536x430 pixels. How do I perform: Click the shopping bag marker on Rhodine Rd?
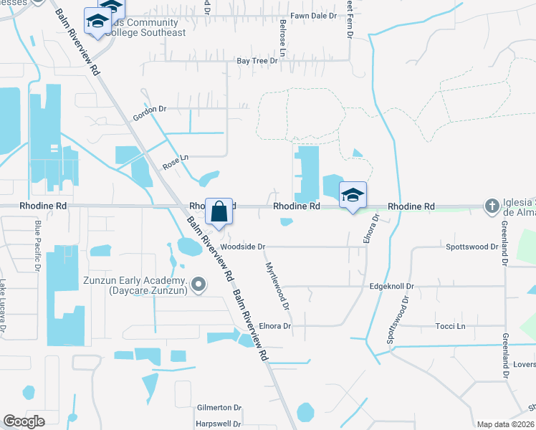[219, 211]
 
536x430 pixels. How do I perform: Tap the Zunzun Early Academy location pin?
[199, 285]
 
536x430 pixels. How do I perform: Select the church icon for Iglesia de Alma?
[492, 206]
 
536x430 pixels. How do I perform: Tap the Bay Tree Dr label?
[257, 61]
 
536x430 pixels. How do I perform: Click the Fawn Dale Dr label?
[313, 15]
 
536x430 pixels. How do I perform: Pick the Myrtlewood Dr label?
[277, 285]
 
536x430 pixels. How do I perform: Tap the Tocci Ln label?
[450, 326]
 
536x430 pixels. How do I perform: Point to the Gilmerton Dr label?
[219, 408]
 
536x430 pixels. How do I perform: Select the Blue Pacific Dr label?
[37, 246]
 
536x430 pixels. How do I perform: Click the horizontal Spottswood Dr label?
[471, 247]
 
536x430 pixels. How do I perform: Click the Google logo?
[24, 421]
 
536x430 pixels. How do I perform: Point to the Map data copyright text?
[505, 424]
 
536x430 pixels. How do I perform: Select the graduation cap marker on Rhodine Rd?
[353, 195]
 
